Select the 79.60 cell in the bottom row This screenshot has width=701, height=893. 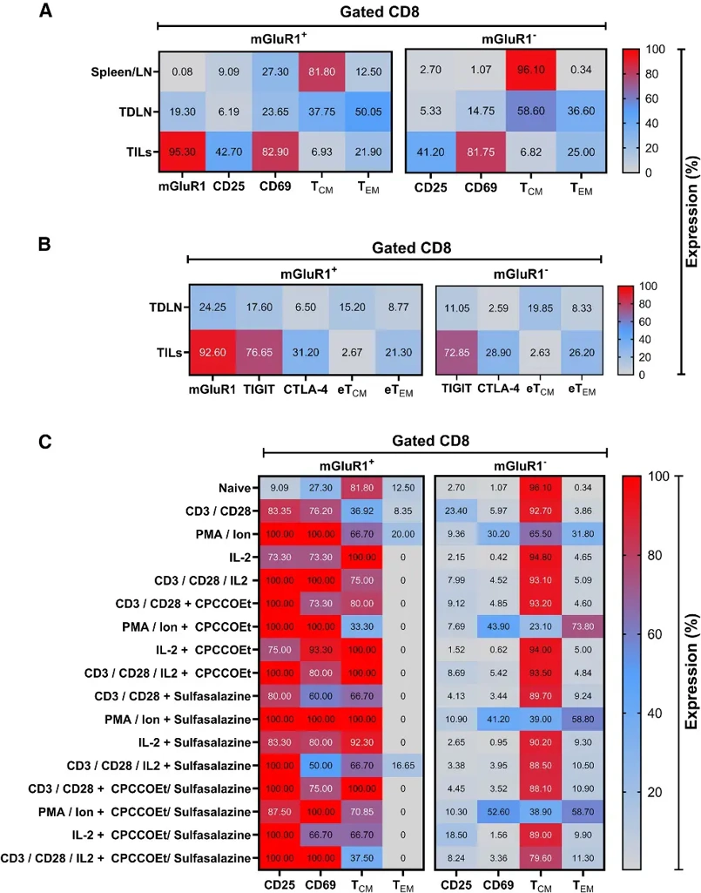(x=540, y=858)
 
